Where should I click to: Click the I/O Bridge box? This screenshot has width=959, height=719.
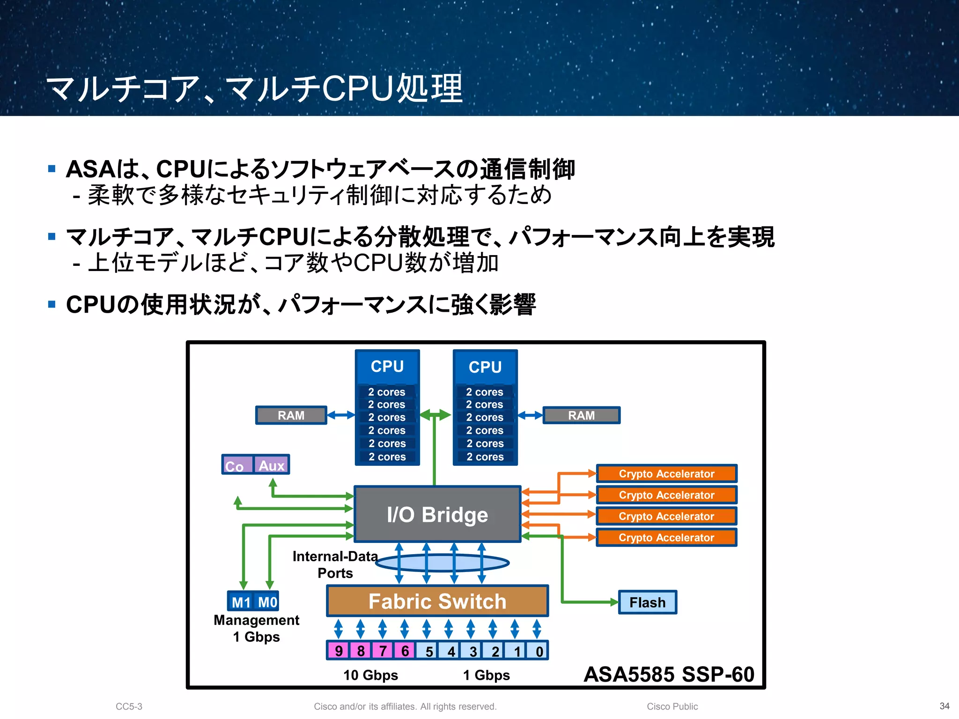click(437, 514)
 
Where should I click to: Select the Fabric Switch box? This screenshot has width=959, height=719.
click(437, 601)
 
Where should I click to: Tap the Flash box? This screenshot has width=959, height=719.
click(647, 602)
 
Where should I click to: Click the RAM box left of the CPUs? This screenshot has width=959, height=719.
click(291, 415)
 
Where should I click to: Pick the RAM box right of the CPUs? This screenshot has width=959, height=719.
click(581, 415)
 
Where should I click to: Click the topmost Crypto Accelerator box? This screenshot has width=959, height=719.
click(666, 473)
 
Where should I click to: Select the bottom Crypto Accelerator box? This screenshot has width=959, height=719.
click(666, 537)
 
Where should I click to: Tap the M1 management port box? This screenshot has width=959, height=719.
click(241, 602)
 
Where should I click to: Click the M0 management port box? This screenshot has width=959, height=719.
click(267, 602)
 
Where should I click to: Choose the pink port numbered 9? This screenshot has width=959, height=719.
click(339, 651)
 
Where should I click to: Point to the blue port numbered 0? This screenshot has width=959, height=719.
click(539, 651)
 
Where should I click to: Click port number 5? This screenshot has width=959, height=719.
click(428, 651)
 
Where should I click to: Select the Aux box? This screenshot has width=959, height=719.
click(272, 465)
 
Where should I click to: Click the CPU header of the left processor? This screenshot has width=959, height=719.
click(387, 366)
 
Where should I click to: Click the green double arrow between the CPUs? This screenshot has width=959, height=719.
click(435, 415)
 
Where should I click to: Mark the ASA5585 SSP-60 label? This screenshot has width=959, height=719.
click(669, 675)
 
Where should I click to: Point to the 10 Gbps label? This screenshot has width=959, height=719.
click(370, 675)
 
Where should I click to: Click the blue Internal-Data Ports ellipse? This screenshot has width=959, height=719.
click(442, 563)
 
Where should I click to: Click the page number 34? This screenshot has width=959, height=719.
click(944, 706)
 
